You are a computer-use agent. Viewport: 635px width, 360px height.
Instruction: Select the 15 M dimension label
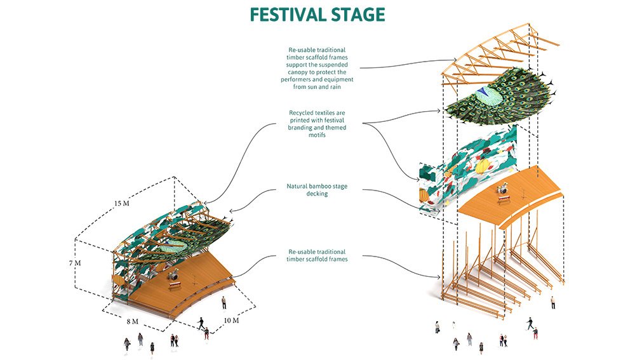click(121, 204)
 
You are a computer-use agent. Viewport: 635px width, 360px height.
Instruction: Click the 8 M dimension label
click(132, 321)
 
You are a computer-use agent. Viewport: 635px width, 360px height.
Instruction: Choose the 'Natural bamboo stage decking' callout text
click(317, 190)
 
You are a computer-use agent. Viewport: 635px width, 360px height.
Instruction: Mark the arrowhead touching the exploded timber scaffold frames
click(441, 277)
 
